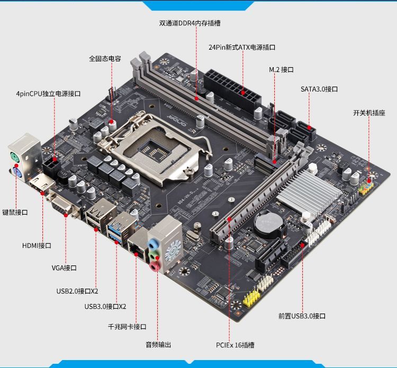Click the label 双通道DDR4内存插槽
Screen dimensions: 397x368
pos(190,23)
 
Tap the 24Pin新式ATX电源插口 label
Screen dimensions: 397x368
pos(242,47)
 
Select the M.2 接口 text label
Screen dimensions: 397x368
pos(281,70)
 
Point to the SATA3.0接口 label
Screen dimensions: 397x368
pos(319,89)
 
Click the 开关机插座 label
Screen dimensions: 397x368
pos(369,113)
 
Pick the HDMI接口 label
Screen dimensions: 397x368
pos(37,245)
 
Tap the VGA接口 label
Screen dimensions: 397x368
pos(64,268)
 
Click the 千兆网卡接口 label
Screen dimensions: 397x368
pos(127,327)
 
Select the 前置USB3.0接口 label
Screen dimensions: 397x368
pos(302,316)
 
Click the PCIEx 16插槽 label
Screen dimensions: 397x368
pos(235,345)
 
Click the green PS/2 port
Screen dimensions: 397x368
pos(15,158)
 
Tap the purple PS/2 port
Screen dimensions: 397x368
pos(16,173)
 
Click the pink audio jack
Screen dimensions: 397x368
pos(155,266)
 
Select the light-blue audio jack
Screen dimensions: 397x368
pos(153,244)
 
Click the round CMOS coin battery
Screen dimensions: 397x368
pos(268,224)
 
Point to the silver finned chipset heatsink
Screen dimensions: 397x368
pos(309,192)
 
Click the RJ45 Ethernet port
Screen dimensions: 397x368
pos(137,249)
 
